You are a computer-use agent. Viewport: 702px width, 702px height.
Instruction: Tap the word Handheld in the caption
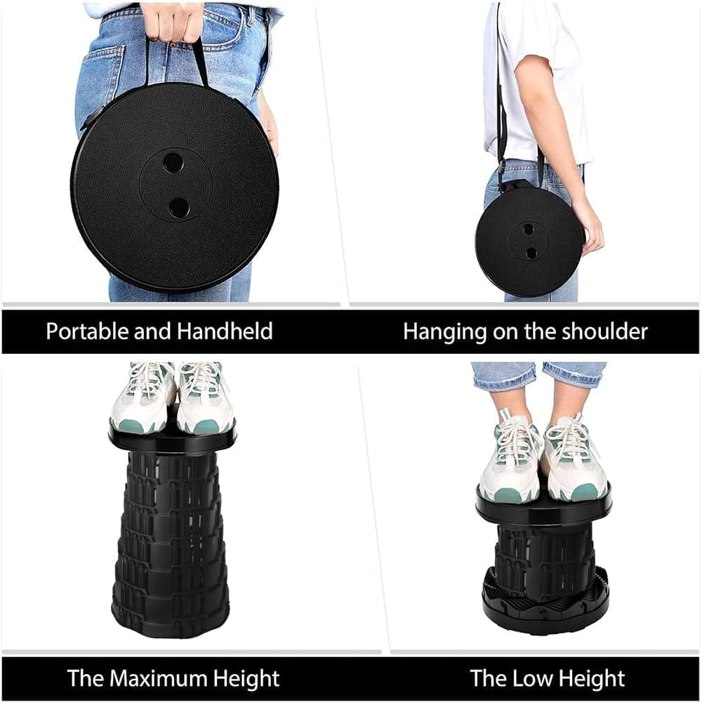[x=225, y=331]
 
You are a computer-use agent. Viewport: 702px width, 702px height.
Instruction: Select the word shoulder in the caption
[x=604, y=332]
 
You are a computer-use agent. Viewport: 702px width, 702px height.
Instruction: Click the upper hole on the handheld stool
[x=173, y=163]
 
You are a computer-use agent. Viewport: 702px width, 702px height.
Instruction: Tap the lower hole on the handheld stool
[x=178, y=207]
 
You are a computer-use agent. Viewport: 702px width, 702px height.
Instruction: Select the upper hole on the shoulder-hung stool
[x=529, y=230]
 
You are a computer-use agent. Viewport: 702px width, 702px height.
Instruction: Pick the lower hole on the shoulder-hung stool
[x=531, y=253]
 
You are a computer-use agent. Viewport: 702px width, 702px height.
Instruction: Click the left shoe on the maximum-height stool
[x=142, y=398]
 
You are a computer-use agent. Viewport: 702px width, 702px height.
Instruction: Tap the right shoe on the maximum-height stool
[x=204, y=398]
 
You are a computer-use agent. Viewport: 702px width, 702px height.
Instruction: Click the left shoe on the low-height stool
[x=510, y=461]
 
